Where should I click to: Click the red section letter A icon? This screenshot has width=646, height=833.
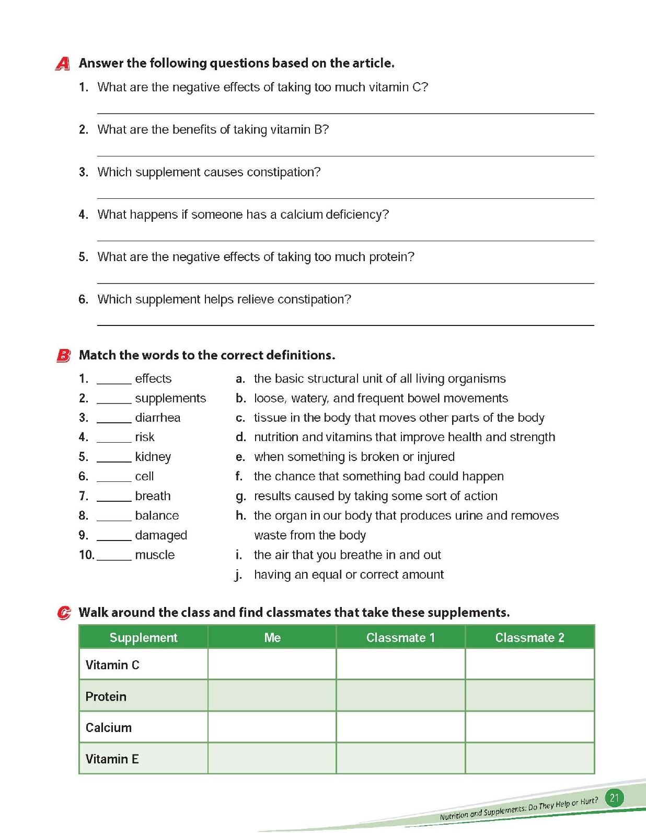pos(63,64)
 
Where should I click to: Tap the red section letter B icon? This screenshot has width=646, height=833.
pos(63,356)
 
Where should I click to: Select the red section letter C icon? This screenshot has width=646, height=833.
pos(64,613)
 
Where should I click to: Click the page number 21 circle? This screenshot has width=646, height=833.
pos(614,798)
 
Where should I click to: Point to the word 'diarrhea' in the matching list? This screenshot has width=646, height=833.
pos(157,418)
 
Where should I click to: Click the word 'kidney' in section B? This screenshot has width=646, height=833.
pos(153,457)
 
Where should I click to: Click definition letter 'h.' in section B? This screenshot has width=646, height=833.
pos(240,516)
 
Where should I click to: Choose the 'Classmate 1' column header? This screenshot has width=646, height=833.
pos(400,637)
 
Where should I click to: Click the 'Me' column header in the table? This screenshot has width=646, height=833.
pos(272,637)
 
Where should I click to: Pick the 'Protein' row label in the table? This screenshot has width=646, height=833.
pos(106,696)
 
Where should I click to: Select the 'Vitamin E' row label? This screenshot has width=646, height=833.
pos(112,759)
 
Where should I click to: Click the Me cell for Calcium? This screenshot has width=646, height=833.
pos(272,727)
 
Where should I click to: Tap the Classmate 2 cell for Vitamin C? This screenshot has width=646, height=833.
pos(529,665)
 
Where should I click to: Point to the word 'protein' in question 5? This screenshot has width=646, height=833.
pos(391,257)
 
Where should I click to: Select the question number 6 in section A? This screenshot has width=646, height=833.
pos(84,299)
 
